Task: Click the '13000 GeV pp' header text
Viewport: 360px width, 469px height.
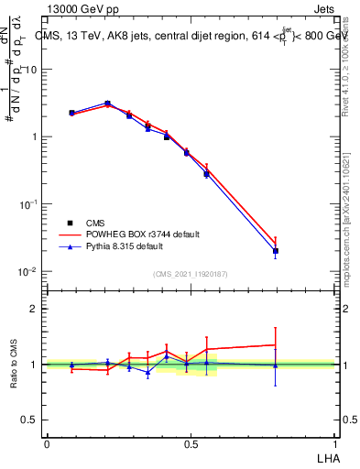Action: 80,8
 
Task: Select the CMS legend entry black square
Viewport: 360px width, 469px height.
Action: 71,223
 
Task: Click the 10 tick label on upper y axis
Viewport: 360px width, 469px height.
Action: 31,70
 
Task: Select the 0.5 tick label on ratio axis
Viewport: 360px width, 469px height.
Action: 30,420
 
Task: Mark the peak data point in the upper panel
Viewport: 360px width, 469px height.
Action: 107,104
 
